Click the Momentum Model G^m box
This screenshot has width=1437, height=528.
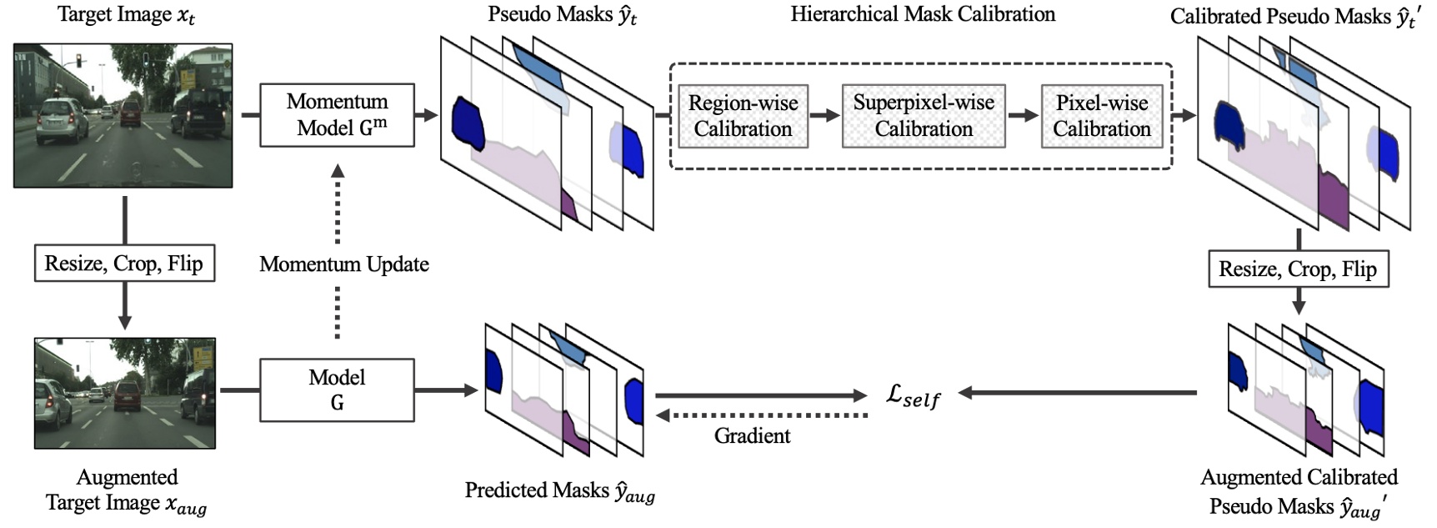(337, 115)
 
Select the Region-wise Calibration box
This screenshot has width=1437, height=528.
(743, 116)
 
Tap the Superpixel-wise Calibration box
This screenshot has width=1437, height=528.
(923, 116)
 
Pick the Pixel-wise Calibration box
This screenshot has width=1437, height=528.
(1101, 116)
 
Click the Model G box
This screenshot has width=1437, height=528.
(337, 390)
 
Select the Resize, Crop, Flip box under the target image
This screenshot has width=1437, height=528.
(123, 264)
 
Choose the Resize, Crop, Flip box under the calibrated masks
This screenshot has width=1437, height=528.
(1298, 269)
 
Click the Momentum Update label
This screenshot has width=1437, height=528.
(343, 264)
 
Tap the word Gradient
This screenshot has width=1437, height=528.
(752, 435)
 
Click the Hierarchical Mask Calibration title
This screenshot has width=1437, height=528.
(923, 14)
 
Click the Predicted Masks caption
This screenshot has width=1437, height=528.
(559, 491)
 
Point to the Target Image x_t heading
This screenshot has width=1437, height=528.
(126, 15)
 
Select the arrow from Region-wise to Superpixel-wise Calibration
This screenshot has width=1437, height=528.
(824, 115)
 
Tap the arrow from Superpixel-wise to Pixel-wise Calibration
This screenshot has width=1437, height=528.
(1023, 115)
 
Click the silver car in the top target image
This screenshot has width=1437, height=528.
(63, 118)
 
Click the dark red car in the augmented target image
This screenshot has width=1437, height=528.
(127, 395)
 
